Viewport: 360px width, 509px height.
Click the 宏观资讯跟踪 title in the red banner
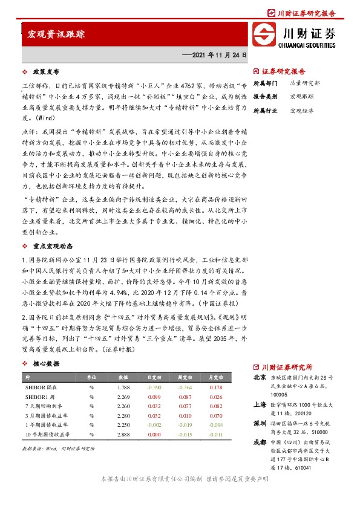56,35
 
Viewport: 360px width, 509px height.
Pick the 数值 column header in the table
123,376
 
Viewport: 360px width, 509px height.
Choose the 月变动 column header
215,376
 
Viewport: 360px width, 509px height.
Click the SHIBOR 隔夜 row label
41,387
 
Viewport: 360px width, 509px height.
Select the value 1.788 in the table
123,387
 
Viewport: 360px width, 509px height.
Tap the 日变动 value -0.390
154,387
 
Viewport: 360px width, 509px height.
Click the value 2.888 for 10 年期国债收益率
123,435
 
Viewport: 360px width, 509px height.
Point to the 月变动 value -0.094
215,425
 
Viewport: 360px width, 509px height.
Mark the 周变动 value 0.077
185,406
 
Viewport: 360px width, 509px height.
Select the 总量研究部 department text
305,82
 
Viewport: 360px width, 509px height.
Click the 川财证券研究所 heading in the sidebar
286,367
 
